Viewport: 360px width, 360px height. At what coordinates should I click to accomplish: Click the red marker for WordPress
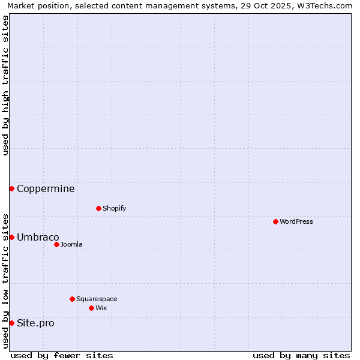[x=275, y=221]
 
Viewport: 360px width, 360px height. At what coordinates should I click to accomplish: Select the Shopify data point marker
[x=98, y=208]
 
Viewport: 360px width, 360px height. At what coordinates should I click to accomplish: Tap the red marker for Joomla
[x=56, y=244]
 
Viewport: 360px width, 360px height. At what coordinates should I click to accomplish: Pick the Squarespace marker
[x=72, y=299]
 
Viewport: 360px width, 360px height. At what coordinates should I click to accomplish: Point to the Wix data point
[x=91, y=308]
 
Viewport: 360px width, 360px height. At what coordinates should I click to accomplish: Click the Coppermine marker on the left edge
[x=11, y=188]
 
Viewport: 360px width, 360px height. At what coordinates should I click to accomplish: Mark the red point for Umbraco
[x=11, y=237]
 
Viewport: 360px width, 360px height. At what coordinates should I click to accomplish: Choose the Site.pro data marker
[x=11, y=323]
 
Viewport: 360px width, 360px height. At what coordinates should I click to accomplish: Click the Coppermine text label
[x=46, y=188]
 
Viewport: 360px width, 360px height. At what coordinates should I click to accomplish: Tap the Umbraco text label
[x=38, y=237]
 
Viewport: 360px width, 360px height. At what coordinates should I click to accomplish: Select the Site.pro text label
[x=35, y=323]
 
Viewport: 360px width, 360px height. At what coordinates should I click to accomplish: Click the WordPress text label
[x=296, y=221]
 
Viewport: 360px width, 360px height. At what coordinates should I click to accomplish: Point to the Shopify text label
[x=114, y=208]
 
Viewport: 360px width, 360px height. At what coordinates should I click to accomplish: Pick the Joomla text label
[x=71, y=244]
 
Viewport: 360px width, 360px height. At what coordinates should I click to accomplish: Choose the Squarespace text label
[x=97, y=299]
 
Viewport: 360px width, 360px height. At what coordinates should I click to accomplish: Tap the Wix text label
[x=101, y=308]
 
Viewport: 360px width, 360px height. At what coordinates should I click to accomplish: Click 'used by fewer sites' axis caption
[x=62, y=355]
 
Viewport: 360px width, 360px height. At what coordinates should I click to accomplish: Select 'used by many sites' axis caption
[x=301, y=355]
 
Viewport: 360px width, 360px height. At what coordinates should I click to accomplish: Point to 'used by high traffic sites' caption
[x=6, y=86]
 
